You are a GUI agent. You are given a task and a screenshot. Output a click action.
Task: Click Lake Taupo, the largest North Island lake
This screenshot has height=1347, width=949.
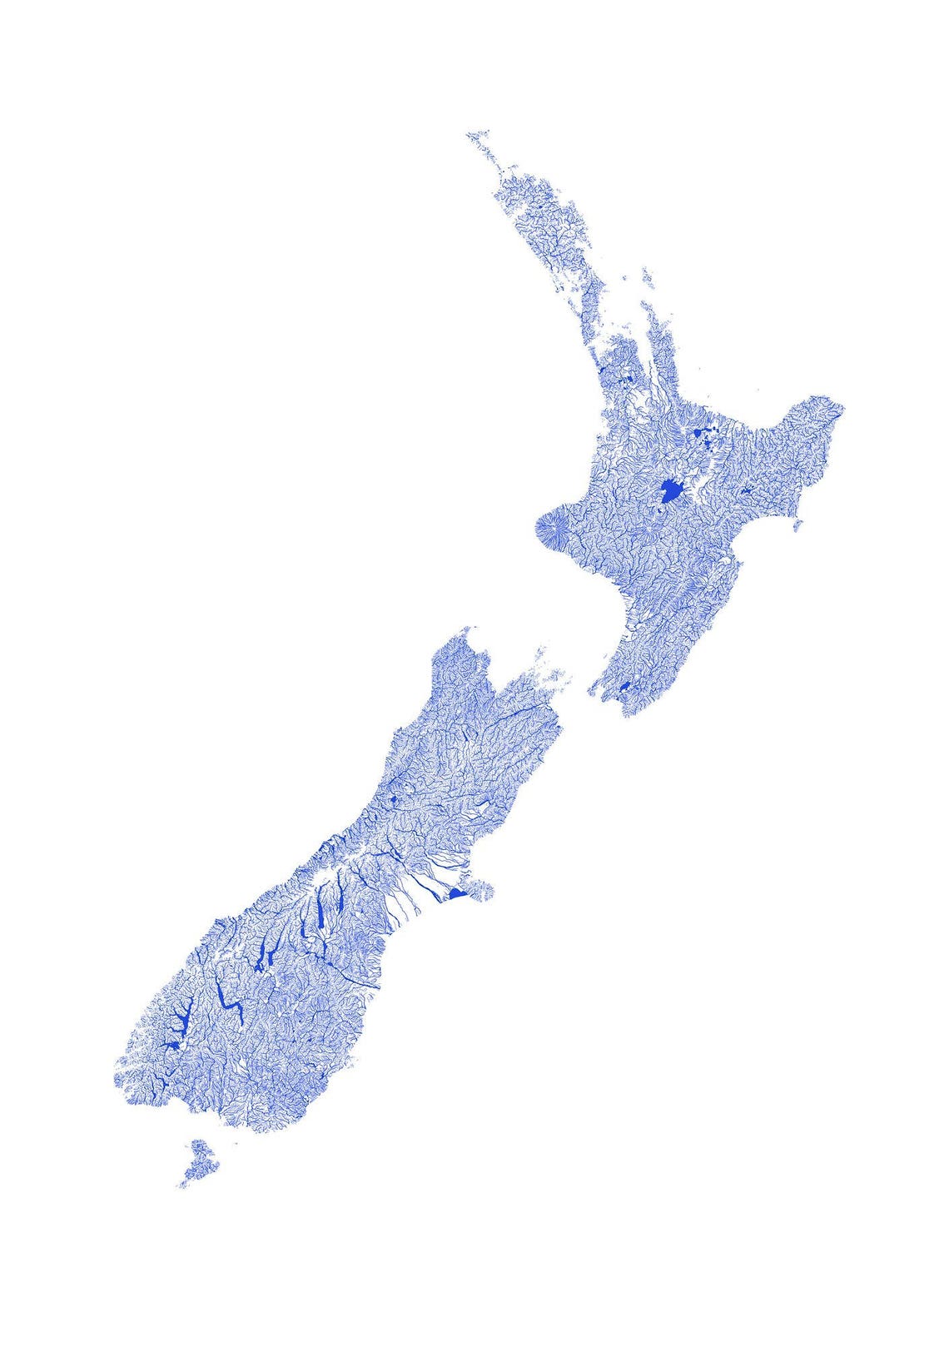click(x=668, y=493)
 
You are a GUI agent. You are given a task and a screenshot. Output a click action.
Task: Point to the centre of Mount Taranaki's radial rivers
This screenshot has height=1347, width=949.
click(x=553, y=529)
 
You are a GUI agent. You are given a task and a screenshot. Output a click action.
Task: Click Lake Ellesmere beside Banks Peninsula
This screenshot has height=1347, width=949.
click(x=455, y=894)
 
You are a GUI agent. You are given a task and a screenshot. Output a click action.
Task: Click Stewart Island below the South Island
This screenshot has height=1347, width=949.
click(x=200, y=1161)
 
